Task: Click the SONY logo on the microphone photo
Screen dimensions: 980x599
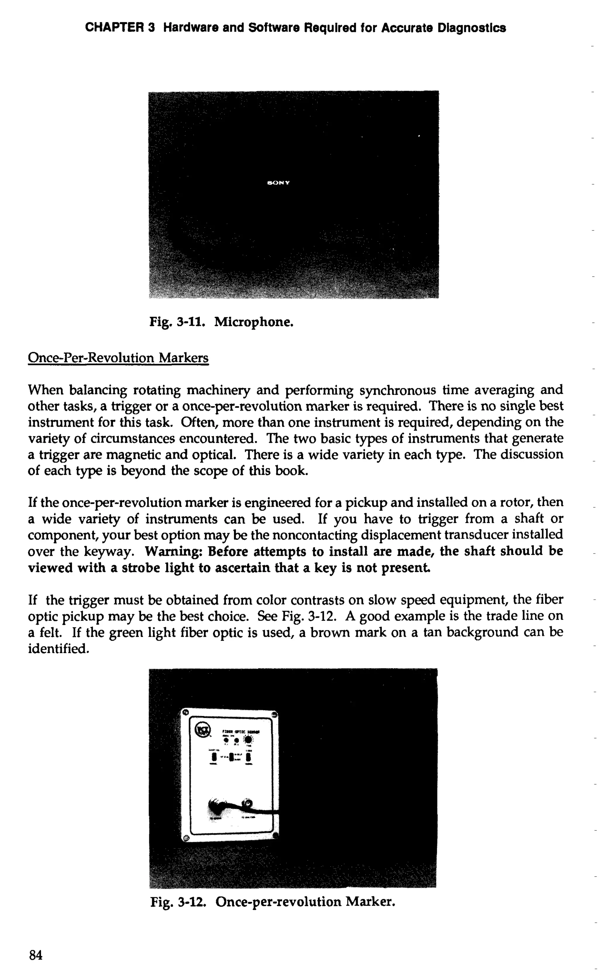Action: point(278,183)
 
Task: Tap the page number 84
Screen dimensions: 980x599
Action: point(35,955)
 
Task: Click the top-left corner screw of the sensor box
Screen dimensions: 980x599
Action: point(185,713)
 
